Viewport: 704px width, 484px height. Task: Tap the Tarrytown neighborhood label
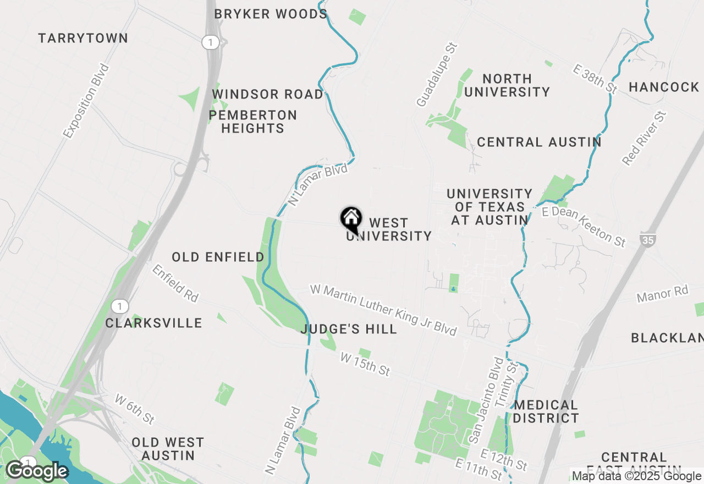[x=83, y=38]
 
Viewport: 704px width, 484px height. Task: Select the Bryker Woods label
[x=271, y=14]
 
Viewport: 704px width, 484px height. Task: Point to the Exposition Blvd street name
[x=86, y=101]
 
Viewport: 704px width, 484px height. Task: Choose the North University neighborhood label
[x=507, y=85]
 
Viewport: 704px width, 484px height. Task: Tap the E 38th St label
[x=596, y=78]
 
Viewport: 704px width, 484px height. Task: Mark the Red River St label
[x=644, y=138]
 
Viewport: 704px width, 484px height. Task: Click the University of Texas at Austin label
[x=489, y=207]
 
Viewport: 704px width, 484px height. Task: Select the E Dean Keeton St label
[x=584, y=227]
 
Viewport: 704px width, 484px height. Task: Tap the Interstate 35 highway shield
[x=647, y=239]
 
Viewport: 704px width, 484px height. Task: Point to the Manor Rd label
[x=662, y=294]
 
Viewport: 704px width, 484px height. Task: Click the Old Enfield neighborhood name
[x=218, y=257]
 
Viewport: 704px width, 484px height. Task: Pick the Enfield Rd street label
[x=175, y=283]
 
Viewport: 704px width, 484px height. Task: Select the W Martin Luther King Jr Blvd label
[x=383, y=310]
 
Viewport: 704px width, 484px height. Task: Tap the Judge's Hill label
[x=349, y=329]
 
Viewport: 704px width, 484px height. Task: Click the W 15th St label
[x=365, y=365]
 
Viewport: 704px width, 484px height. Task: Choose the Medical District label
[x=546, y=411]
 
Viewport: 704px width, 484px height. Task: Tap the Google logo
[x=37, y=471]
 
